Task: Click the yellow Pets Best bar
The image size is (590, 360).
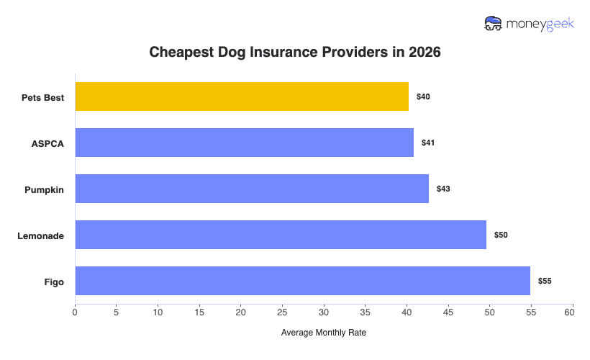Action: [x=242, y=96]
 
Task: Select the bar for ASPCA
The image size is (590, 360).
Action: [x=245, y=143]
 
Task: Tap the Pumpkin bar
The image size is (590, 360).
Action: [x=252, y=189]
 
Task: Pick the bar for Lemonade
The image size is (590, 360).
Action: [x=281, y=235]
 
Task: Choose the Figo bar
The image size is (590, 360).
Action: [x=302, y=281]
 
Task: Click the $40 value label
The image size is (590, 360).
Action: [x=423, y=96]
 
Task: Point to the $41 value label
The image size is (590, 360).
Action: [x=428, y=143]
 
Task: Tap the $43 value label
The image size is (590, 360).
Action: [x=442, y=189]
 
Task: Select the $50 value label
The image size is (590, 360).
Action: [x=501, y=235]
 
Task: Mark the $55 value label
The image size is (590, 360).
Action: [x=545, y=281]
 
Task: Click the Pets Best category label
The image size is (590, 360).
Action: [x=42, y=97]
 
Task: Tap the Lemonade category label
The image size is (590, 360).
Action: [x=41, y=235]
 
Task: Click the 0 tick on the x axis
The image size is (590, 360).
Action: [x=75, y=312]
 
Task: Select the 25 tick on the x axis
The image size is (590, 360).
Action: [x=282, y=312]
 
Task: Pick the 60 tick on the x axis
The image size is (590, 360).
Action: [x=573, y=312]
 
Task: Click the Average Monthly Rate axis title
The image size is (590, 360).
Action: [x=324, y=333]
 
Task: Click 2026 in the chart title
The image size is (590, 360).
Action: [x=425, y=53]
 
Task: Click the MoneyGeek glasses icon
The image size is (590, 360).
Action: [x=494, y=24]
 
